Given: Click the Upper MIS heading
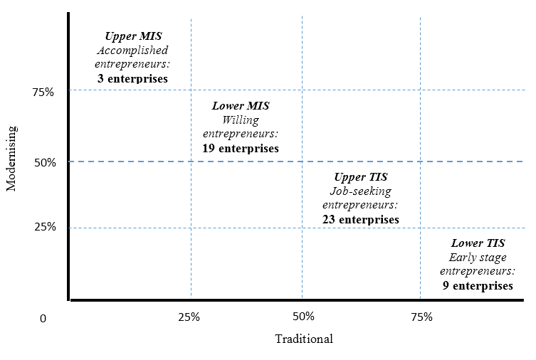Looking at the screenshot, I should pyautogui.click(x=132, y=36).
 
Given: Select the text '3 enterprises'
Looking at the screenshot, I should pyautogui.click(x=132, y=78).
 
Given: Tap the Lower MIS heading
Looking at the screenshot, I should pyautogui.click(x=241, y=106).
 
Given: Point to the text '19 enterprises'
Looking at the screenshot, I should pyautogui.click(x=241, y=149).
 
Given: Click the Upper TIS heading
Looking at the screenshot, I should pyautogui.click(x=361, y=177).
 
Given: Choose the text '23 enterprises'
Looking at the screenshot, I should pyautogui.click(x=361, y=220).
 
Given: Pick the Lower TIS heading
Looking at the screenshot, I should pyautogui.click(x=477, y=243).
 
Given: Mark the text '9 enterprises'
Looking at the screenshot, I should pyautogui.click(x=477, y=286).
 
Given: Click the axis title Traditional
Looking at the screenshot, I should pyautogui.click(x=304, y=339).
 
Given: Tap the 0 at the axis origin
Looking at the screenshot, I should pyautogui.click(x=43, y=319).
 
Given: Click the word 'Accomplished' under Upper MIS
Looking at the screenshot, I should pyautogui.click(x=132, y=51).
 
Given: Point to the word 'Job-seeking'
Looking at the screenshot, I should pyautogui.click(x=361, y=191).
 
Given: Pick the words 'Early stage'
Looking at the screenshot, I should pyautogui.click(x=477, y=258).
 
